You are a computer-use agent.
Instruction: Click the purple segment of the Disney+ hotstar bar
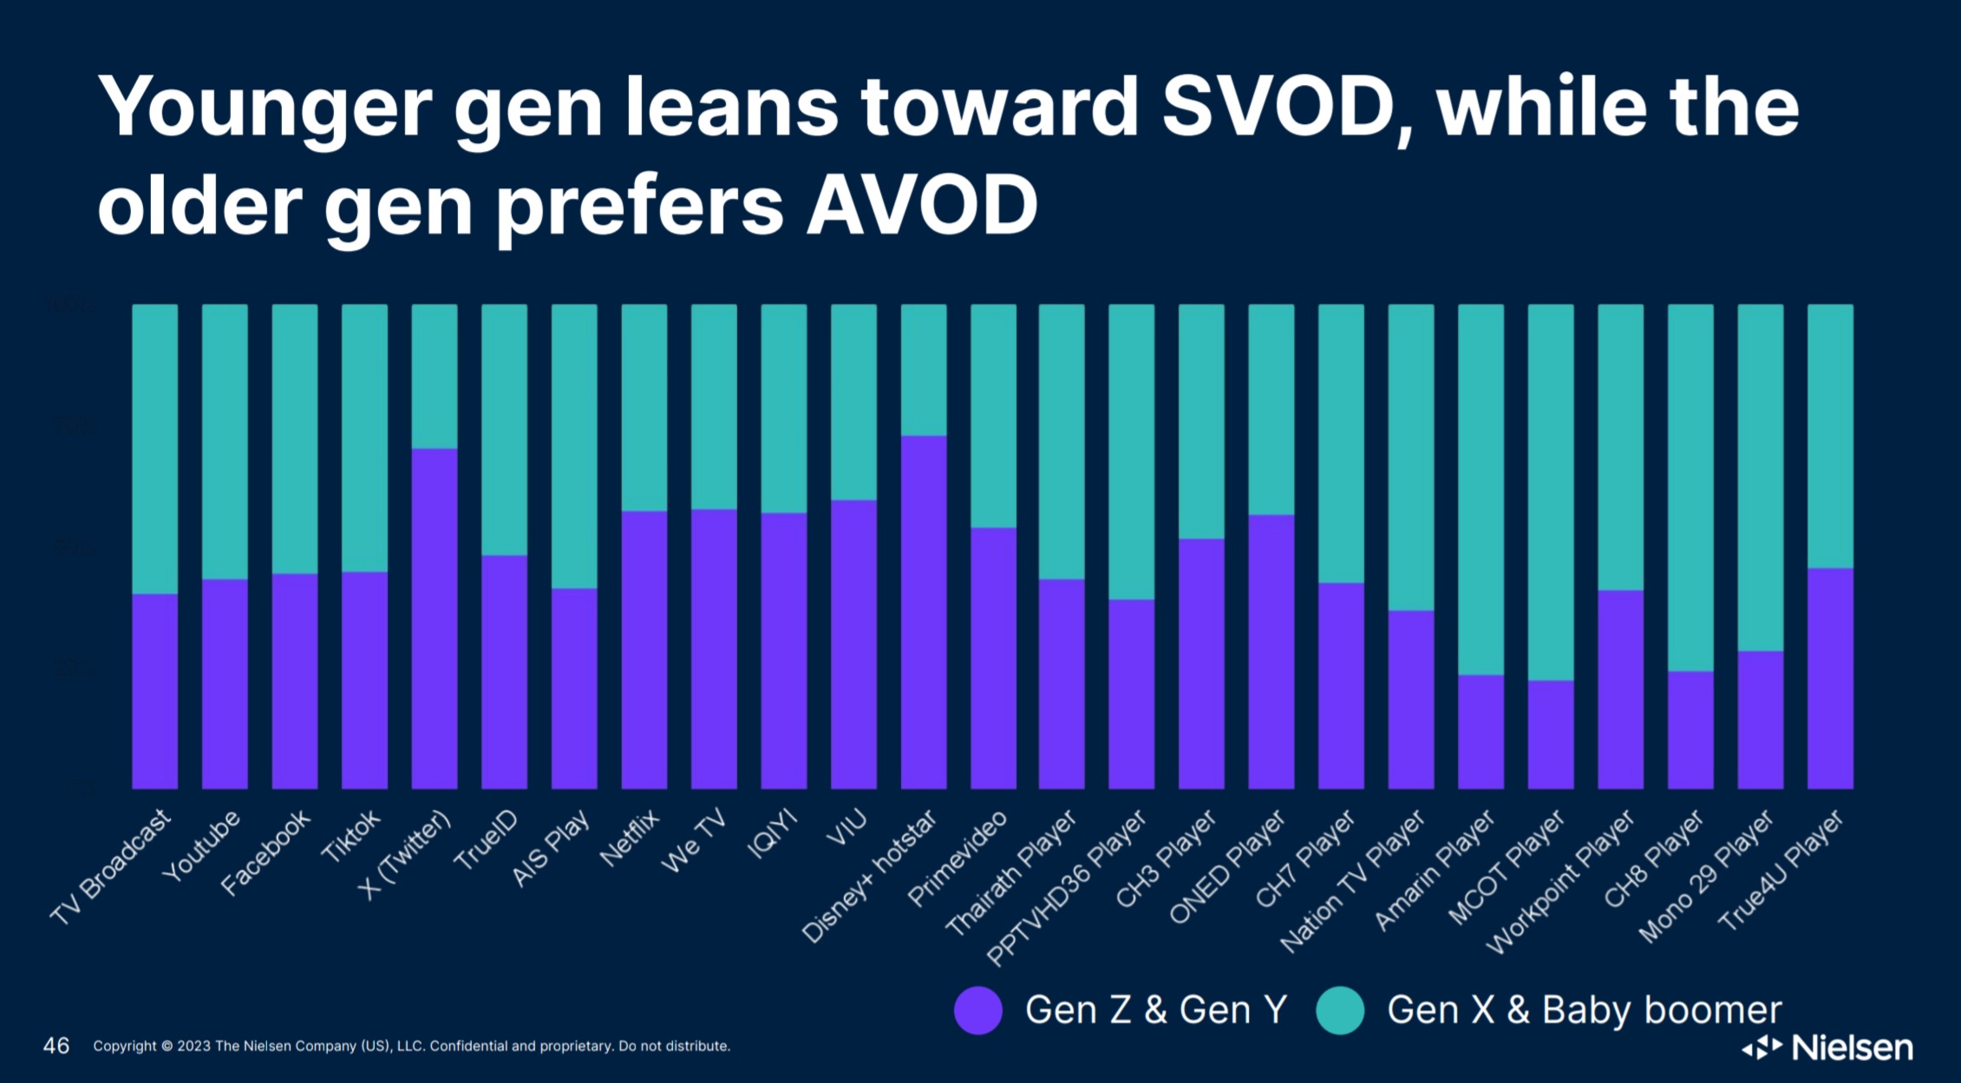point(924,612)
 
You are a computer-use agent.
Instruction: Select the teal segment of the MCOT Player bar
point(1551,492)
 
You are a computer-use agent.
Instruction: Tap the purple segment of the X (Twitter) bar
point(435,618)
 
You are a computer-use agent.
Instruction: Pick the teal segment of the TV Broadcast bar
point(155,449)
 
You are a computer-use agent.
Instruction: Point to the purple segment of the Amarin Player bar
point(1481,732)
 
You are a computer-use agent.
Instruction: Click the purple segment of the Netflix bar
point(644,649)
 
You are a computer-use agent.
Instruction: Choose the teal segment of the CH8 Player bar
point(1690,488)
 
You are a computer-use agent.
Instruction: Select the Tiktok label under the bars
point(352,836)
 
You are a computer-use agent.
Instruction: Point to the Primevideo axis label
point(958,857)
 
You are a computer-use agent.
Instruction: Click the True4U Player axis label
point(1781,870)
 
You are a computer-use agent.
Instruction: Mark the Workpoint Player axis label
point(1561,881)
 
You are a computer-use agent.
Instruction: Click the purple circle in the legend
point(978,1010)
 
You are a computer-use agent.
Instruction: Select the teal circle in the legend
point(1340,1010)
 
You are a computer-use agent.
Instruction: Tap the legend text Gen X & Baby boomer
point(1584,1010)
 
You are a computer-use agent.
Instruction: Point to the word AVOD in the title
point(922,206)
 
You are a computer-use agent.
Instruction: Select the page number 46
point(56,1046)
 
